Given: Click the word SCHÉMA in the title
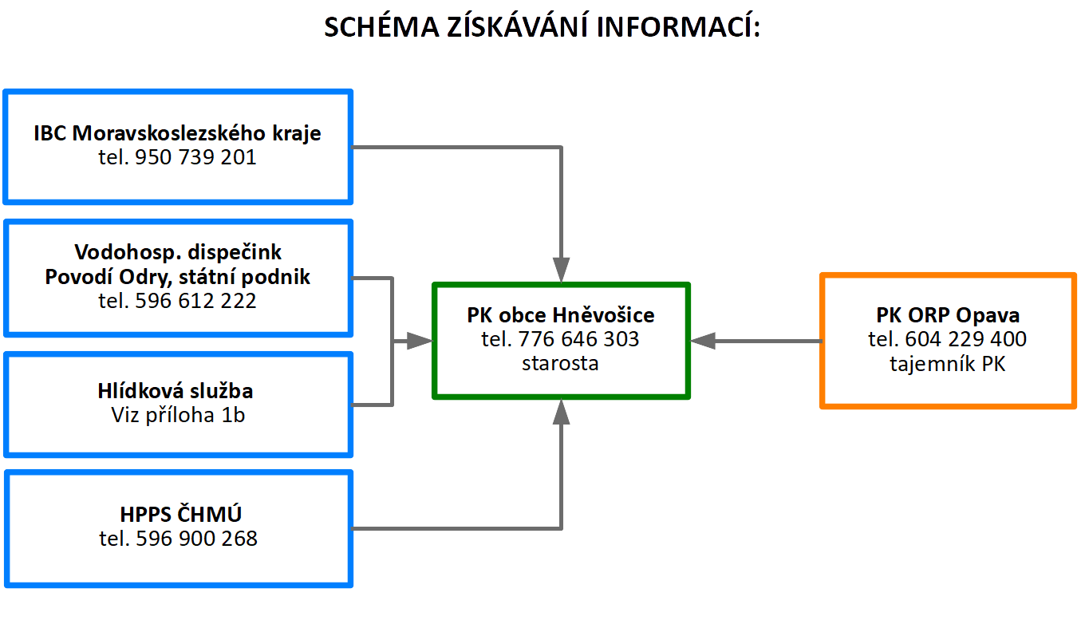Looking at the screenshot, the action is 381,26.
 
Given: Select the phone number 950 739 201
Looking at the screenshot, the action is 195,157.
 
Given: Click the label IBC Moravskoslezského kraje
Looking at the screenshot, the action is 177,133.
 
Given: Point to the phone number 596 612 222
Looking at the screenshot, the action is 195,301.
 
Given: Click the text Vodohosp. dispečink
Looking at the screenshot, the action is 178,252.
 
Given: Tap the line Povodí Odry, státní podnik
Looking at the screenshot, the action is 177,277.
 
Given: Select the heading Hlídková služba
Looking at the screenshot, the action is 176,391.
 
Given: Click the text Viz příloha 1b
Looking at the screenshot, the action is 178,415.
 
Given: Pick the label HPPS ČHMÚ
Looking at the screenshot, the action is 180,514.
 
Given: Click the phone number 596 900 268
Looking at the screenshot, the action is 196,539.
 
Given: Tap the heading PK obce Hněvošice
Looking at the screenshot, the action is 560,315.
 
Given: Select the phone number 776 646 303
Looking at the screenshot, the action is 578,339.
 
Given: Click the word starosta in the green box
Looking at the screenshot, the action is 560,363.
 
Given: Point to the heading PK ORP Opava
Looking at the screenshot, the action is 948,315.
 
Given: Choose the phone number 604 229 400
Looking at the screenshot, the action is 965,339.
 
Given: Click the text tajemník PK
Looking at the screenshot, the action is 948,364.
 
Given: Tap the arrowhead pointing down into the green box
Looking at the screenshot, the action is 561,270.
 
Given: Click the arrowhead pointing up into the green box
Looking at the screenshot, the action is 561,412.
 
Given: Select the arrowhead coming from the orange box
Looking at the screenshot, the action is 703,342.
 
